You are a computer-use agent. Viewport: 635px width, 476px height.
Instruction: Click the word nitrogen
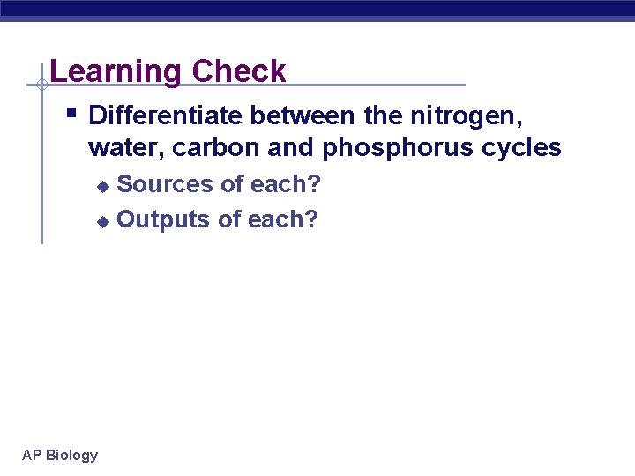(471, 115)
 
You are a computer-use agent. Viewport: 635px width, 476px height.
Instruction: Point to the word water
(127, 148)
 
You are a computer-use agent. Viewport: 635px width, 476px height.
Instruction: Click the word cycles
(524, 148)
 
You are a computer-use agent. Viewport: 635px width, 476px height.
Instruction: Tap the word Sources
(165, 184)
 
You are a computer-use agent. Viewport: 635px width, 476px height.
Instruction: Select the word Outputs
(163, 219)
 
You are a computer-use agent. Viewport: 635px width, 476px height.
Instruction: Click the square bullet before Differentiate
(71, 113)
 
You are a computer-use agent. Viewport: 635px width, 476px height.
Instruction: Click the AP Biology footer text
(60, 455)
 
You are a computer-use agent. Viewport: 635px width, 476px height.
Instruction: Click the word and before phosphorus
(291, 148)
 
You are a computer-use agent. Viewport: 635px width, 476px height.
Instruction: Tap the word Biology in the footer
(71, 455)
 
